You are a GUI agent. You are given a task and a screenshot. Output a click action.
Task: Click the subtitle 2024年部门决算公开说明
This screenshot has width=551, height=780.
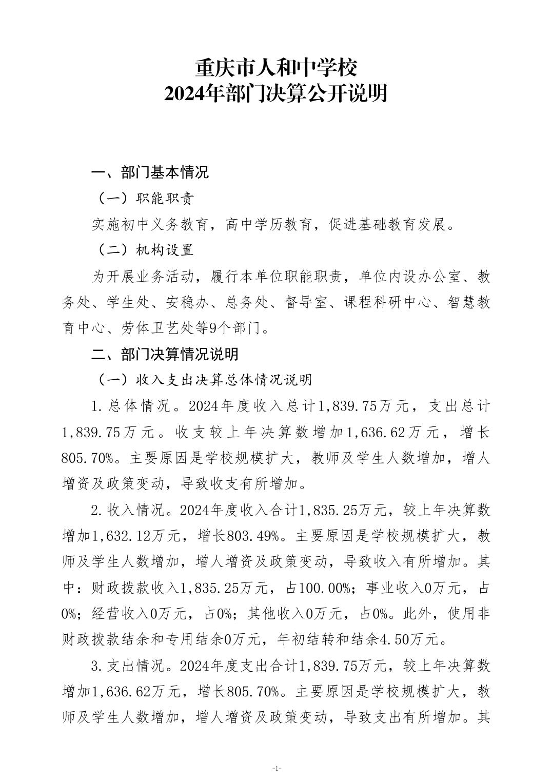tap(275, 94)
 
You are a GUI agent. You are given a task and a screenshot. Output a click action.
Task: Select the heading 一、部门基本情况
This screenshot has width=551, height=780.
tap(150, 172)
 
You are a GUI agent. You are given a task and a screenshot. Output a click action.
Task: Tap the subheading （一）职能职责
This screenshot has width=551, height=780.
tap(142, 199)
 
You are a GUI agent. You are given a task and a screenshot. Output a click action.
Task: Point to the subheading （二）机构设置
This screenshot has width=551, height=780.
tap(142, 250)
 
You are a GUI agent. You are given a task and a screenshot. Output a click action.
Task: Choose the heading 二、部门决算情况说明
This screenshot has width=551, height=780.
tap(165, 354)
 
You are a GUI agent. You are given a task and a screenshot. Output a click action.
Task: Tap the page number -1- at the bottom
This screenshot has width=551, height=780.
tap(276, 768)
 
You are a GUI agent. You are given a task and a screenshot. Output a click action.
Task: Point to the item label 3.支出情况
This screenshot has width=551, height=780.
tap(126, 666)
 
